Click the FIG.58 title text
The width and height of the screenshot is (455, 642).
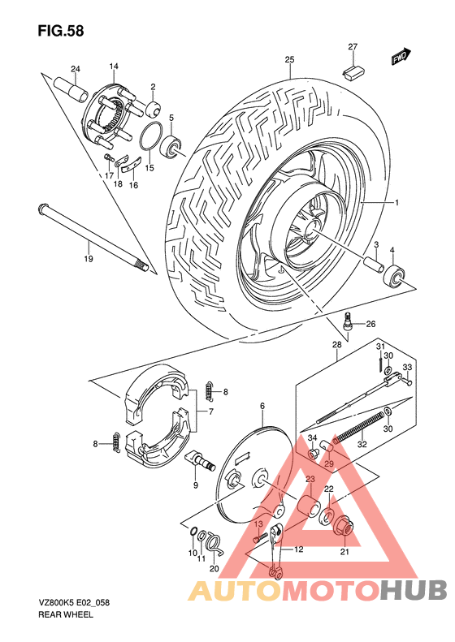coord(59,30)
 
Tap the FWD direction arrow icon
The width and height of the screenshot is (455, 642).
coord(400,57)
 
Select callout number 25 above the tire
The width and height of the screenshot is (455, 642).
coord(289,60)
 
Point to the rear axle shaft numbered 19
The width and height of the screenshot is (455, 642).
coord(89,236)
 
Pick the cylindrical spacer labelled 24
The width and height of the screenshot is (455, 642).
coord(68,87)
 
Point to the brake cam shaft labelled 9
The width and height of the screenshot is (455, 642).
coord(200,460)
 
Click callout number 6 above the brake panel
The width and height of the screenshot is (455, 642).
coord(262,405)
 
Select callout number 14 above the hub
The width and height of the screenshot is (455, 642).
coord(114,67)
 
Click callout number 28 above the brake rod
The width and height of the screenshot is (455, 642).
coord(336,346)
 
